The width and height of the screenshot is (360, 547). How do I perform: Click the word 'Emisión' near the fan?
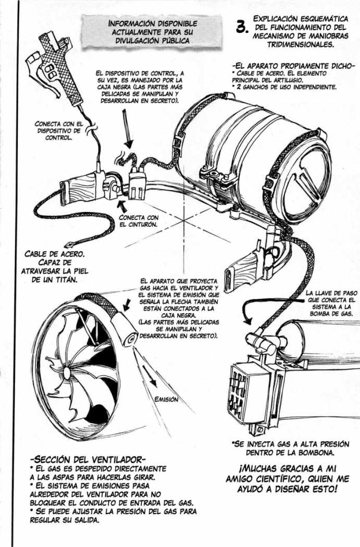click(x=166, y=400)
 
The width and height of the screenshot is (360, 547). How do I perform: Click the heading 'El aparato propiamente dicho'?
click(x=294, y=66)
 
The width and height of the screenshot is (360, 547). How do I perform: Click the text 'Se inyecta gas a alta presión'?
click(x=290, y=444)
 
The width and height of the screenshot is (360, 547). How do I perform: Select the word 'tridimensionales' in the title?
click(x=294, y=45)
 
